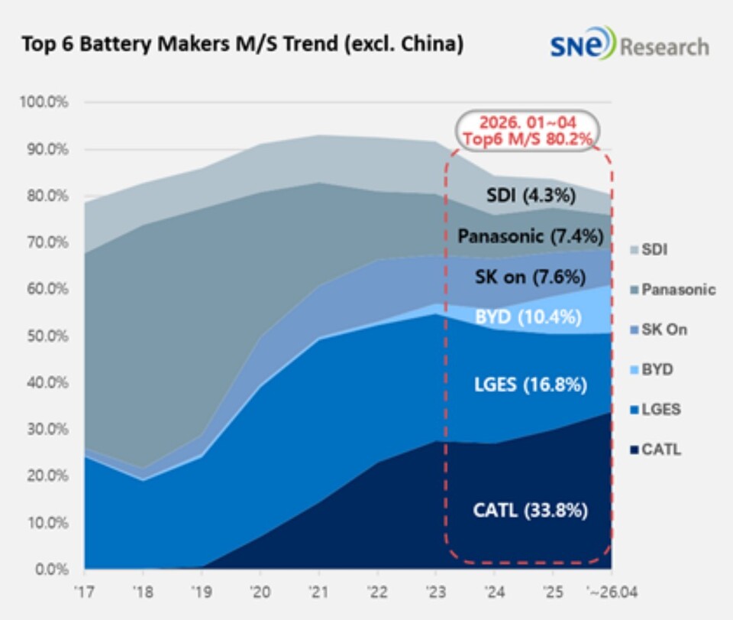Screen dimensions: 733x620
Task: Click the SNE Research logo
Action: coord(629,44)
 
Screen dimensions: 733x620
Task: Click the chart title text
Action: coord(243,44)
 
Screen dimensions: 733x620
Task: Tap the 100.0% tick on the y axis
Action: coord(44,102)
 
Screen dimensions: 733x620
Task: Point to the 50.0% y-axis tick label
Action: coord(47,336)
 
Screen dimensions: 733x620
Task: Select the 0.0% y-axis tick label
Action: coord(52,570)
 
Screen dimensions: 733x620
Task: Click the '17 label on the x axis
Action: coord(84,592)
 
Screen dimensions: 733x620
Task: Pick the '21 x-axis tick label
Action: coord(319,592)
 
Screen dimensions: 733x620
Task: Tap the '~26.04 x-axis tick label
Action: coord(612,592)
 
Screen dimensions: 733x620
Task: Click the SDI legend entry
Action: coord(649,249)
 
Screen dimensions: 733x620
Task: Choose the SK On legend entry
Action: coord(659,329)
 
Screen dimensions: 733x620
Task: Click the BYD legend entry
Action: coord(651,370)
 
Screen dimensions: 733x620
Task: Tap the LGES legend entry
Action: coord(655,410)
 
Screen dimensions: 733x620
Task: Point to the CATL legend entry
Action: coord(655,450)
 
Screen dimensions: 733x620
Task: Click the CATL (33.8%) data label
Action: coord(530,510)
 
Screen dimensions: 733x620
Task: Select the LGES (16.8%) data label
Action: coord(530,385)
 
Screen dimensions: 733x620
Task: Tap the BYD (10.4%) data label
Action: coord(528,317)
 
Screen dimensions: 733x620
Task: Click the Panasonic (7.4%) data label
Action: coord(530,235)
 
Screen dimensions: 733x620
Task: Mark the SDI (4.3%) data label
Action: coord(531,195)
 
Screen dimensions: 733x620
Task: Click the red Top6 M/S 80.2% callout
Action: coord(528,131)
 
